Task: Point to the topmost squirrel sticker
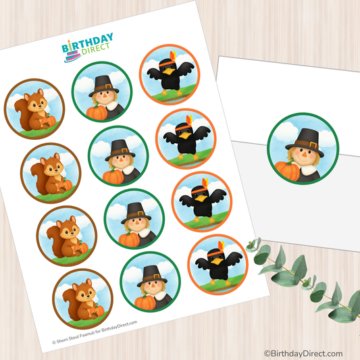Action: (36, 109)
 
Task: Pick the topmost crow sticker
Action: (169, 75)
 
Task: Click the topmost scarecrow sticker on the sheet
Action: (101, 92)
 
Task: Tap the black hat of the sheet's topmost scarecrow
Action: (104, 82)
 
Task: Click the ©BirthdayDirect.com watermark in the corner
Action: (303, 353)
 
